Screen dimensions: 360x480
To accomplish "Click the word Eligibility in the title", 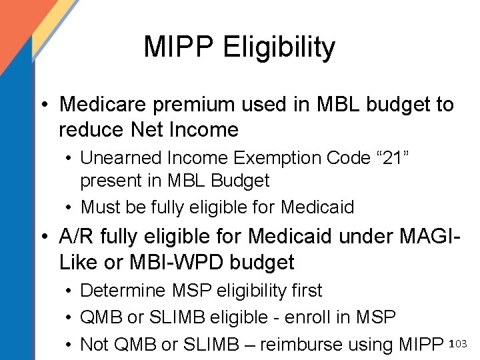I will click(x=279, y=48).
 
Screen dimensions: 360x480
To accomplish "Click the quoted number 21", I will click(x=393, y=158).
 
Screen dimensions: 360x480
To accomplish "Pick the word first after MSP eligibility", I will click(x=306, y=291).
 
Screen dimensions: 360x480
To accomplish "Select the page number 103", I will click(x=460, y=343).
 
